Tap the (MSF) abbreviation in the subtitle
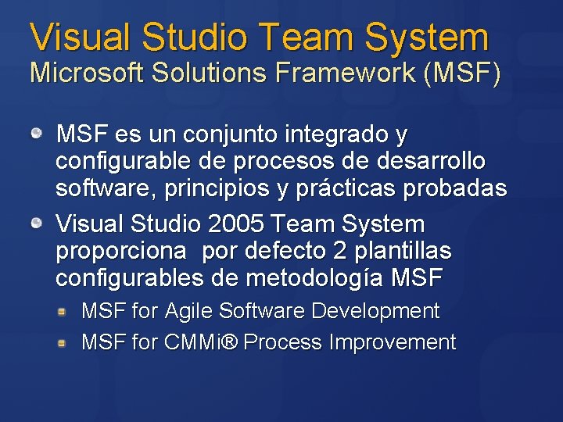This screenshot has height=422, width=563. pos(462,73)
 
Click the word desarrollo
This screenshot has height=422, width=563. pos(432,162)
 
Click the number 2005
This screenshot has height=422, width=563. pos(237,225)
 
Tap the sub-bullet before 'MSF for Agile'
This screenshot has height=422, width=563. pos(69,312)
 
